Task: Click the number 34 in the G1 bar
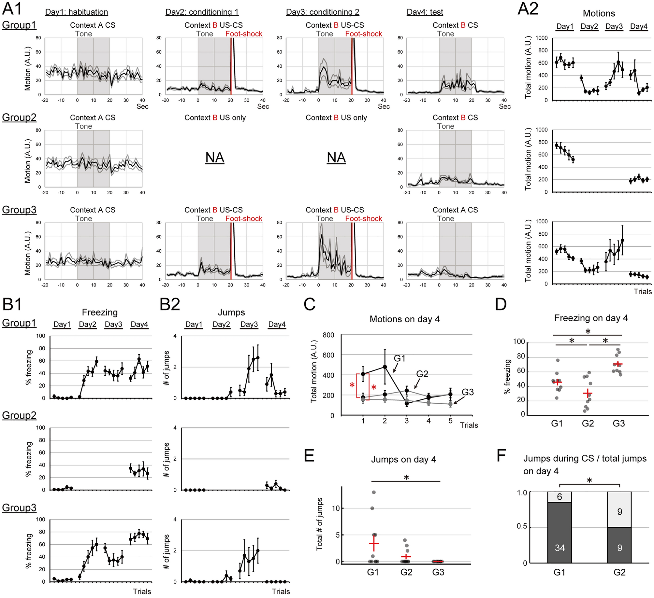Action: [560, 548]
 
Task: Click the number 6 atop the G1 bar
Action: [560, 497]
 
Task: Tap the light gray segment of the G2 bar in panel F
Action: [619, 509]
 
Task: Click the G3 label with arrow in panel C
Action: [467, 392]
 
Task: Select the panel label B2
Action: [170, 305]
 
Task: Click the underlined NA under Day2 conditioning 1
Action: [215, 158]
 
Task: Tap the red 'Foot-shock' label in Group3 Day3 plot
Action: [363, 219]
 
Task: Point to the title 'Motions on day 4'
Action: [404, 319]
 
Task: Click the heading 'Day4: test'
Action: [425, 12]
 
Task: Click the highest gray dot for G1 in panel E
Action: [374, 492]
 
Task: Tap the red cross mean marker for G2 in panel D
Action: [588, 394]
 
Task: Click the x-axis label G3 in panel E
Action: [438, 572]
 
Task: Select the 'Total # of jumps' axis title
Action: [320, 524]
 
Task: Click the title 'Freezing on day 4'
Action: [591, 318]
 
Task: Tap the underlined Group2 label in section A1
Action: [19, 118]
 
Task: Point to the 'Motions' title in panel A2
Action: [599, 13]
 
